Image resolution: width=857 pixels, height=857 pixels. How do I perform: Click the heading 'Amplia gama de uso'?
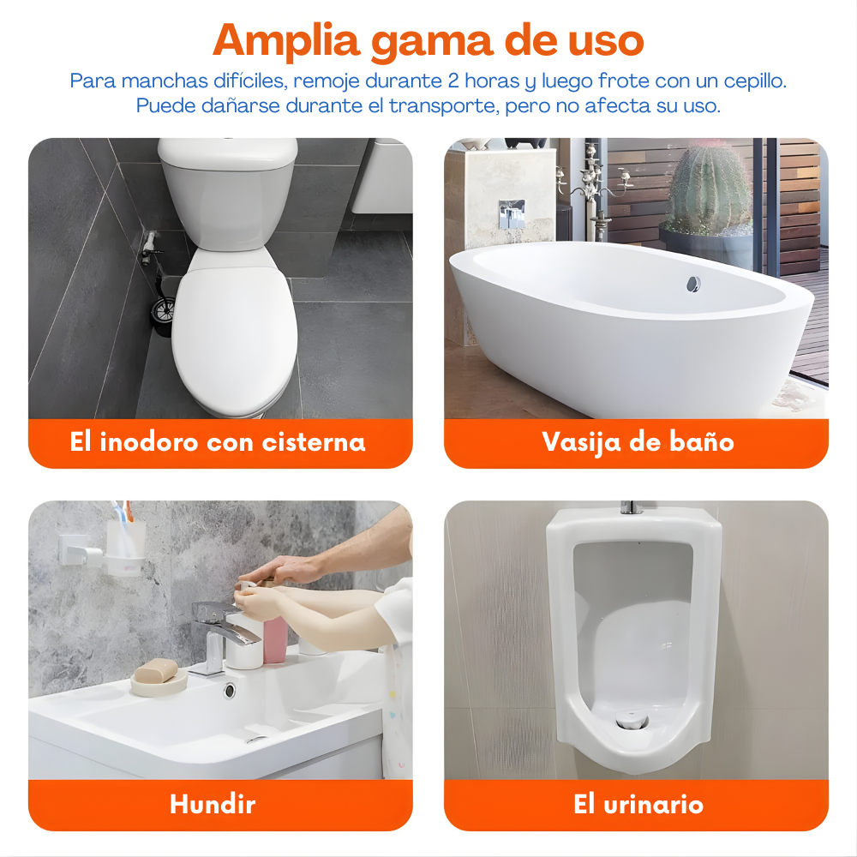[x=428, y=40]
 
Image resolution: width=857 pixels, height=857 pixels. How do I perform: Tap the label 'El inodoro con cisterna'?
[x=218, y=442]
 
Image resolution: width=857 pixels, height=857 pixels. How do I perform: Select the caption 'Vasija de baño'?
[x=638, y=442]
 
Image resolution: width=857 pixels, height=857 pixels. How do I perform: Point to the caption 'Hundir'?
[x=213, y=805]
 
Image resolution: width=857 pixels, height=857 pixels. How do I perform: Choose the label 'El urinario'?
[x=638, y=805]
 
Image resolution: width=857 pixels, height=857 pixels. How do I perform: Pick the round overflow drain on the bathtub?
[x=692, y=284]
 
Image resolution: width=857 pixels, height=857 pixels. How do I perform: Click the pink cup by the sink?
[x=276, y=638]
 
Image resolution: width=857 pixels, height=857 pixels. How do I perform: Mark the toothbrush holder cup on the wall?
[x=125, y=544]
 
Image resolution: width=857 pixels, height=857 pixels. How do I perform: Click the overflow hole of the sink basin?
[x=230, y=689]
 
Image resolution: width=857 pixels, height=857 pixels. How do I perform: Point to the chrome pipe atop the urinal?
[x=632, y=507]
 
